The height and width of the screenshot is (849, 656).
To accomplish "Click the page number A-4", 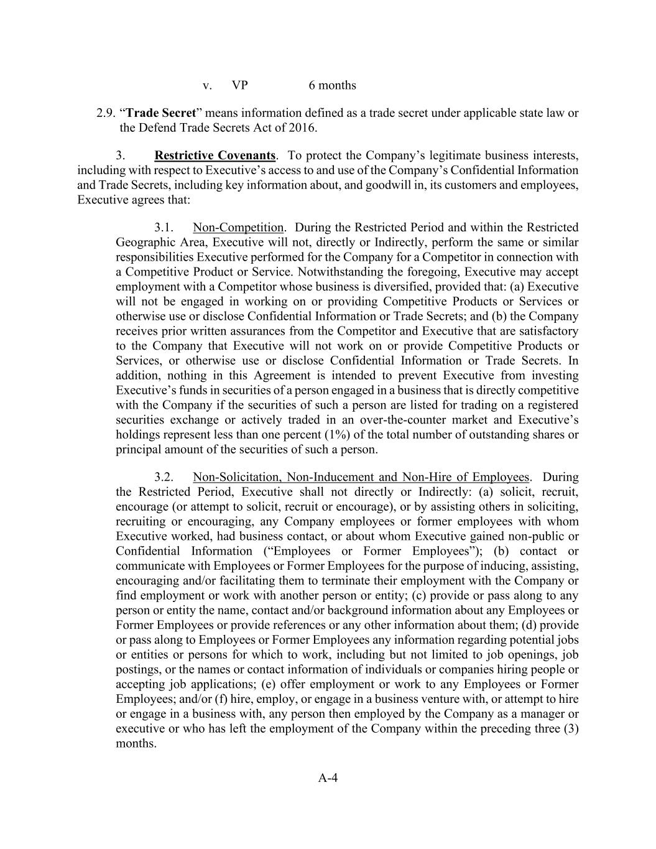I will coord(328,777).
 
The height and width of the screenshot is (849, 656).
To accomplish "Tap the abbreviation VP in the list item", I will coord(240,85).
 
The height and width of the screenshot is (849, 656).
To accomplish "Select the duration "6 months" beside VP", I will coord(332,85).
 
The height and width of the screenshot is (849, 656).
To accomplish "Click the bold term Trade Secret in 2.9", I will coord(162,113).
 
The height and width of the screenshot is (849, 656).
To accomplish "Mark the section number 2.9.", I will coord(106,113).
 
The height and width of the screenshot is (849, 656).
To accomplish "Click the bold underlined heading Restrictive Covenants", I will coord(215,155).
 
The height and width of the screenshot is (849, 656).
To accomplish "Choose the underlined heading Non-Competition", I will coord(238,228).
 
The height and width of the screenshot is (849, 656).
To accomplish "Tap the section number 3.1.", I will coord(164,228).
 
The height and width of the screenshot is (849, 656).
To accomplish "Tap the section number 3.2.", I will coord(164,477).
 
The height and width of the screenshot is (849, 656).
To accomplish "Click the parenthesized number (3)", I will coord(571,729).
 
